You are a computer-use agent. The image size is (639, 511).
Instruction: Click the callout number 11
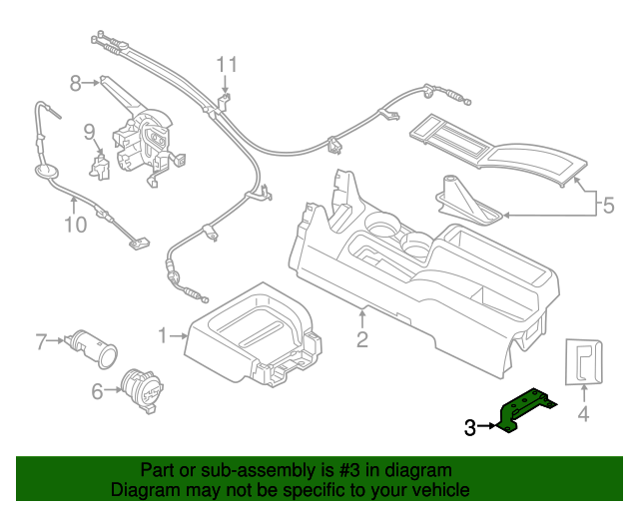[x=227, y=65]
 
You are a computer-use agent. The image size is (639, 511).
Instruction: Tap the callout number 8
[x=76, y=83]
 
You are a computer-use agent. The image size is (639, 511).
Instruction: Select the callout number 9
[x=89, y=132]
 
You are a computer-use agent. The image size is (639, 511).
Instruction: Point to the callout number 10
[x=76, y=225]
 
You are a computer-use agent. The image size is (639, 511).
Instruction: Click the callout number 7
[x=41, y=341]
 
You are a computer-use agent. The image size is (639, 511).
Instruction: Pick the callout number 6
[x=97, y=391]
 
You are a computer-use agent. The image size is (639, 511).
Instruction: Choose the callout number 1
[x=163, y=336]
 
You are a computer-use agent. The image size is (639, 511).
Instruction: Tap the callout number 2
[x=362, y=339]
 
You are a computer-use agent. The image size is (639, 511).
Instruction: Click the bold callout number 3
[x=470, y=427]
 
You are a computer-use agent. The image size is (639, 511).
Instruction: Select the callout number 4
[x=583, y=414]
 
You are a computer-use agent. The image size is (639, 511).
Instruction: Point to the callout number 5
[x=608, y=205]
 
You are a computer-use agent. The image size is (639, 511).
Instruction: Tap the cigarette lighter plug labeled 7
[x=91, y=348]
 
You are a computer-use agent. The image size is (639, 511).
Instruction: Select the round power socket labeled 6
[x=143, y=391]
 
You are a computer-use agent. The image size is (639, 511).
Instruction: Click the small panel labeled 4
[x=583, y=361]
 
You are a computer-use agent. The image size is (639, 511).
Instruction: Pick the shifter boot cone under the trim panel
[x=469, y=200]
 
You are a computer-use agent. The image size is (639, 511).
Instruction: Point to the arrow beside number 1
[x=179, y=336]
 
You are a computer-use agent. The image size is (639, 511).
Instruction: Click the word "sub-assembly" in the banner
[x=258, y=470]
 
